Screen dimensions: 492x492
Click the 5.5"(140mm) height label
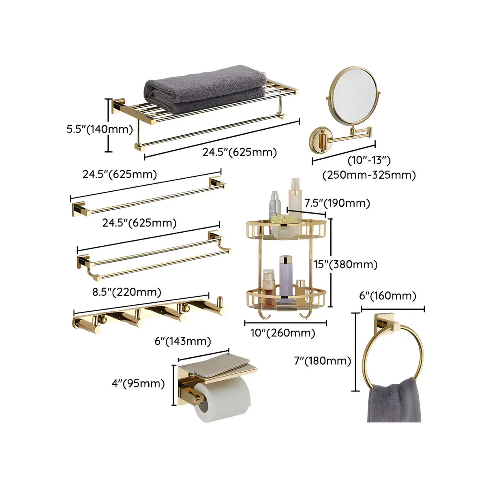pyautogui.click(x=100, y=129)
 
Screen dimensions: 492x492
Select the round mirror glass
pyautogui.click(x=353, y=95)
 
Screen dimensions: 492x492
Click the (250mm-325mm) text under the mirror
pyautogui.click(x=369, y=175)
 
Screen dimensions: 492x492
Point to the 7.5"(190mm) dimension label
pyautogui.click(x=337, y=203)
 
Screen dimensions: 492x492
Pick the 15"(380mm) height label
pyautogui.click(x=346, y=265)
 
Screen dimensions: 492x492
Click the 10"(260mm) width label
pyautogui.click(x=282, y=333)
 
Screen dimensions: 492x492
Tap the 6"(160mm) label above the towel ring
pyautogui.click(x=387, y=296)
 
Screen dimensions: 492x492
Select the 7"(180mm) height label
pyautogui.click(x=322, y=361)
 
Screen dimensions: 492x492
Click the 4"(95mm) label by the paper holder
pyautogui.click(x=138, y=383)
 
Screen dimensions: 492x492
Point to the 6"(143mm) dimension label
pyautogui.click(x=183, y=341)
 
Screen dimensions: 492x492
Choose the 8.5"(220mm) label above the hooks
pyautogui.click(x=126, y=292)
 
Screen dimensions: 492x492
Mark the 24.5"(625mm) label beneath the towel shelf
pyautogui.click(x=240, y=152)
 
